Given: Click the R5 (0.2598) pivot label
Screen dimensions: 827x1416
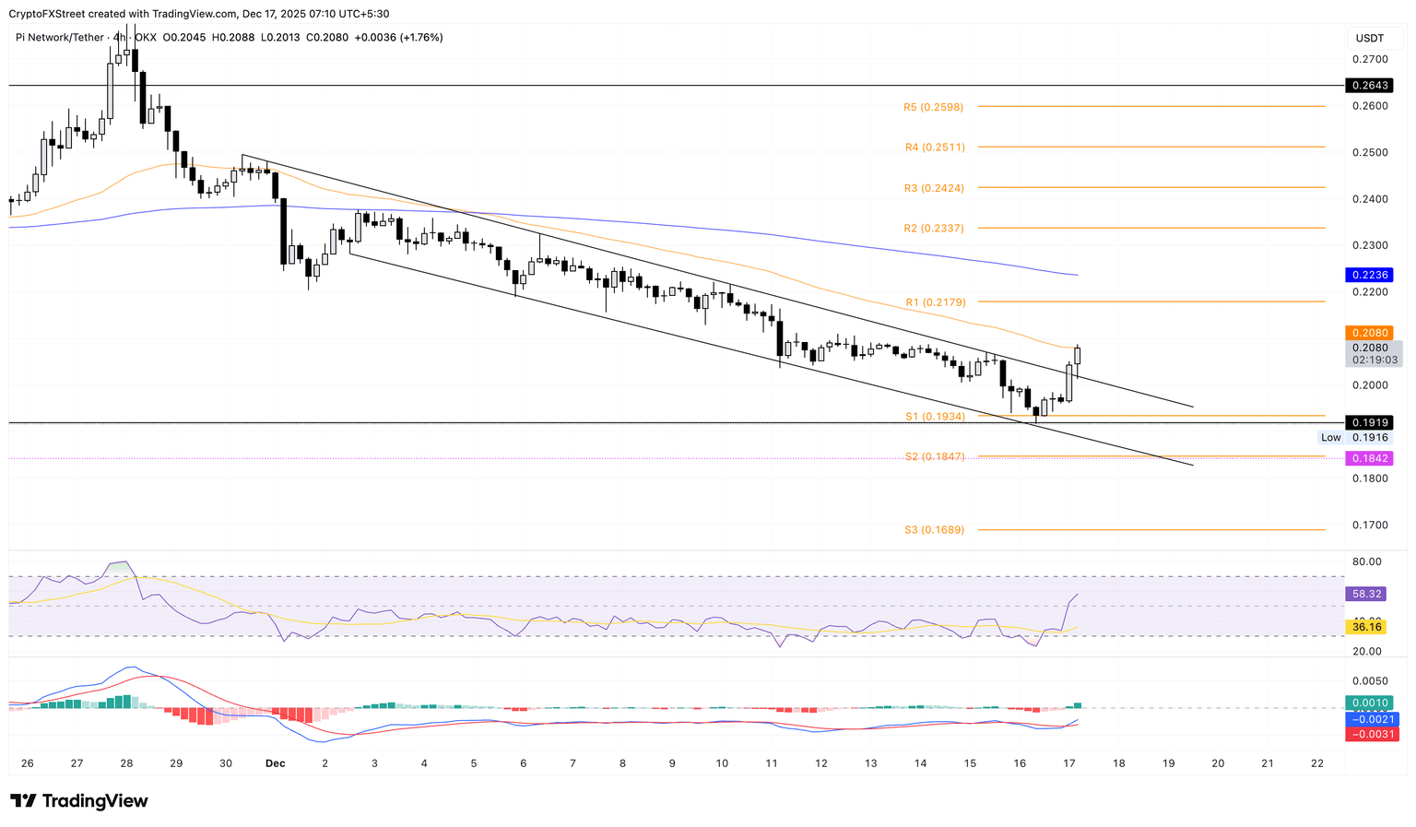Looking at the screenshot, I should point(933,107).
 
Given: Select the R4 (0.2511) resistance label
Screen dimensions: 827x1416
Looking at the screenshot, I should point(934,148).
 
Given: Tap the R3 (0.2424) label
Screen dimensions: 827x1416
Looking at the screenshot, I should point(934,188).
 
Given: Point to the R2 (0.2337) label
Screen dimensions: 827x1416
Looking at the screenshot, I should point(934,229).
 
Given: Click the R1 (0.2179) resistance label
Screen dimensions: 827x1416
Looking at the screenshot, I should point(935,302).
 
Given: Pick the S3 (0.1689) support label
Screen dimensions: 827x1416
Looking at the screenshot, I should point(934,530).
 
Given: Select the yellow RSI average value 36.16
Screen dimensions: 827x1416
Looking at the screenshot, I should point(1365,627).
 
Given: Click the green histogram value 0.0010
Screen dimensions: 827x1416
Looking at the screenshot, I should point(1368,703).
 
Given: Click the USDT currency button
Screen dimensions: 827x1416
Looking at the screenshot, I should point(1370,38).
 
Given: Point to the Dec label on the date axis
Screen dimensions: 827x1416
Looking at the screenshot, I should point(275,763).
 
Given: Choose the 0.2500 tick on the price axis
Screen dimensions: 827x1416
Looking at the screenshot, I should point(1370,153).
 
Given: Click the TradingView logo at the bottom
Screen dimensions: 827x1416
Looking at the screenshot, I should point(79,801).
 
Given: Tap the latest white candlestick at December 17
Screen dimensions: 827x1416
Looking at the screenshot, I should point(1078,356).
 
